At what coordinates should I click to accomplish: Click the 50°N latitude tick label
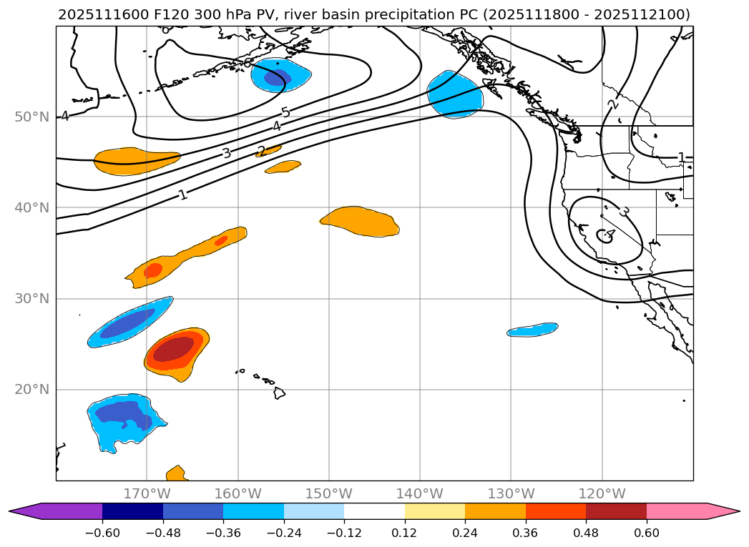(x=31, y=117)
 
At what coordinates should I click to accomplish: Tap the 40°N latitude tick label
(x=31, y=207)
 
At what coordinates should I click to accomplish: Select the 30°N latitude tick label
(x=31, y=298)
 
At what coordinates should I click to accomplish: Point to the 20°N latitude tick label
(x=31, y=389)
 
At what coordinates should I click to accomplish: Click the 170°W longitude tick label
(x=147, y=493)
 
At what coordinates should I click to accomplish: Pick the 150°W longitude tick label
(x=329, y=493)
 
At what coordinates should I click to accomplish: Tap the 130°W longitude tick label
(x=511, y=493)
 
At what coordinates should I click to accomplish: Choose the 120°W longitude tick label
(x=602, y=493)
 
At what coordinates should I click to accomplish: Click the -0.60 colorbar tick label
(x=102, y=533)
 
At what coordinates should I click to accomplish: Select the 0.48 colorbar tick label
(x=586, y=533)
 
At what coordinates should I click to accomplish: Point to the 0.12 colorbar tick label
(x=404, y=533)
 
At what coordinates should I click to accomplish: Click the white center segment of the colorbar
(x=374, y=511)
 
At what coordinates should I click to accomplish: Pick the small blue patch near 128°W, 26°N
(x=533, y=330)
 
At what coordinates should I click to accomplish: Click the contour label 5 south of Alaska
(x=285, y=113)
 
